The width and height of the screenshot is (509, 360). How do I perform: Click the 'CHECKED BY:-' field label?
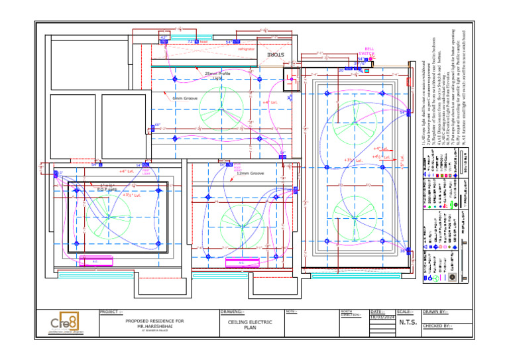438,326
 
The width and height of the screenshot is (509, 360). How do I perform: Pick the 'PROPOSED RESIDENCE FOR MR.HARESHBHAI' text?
154,323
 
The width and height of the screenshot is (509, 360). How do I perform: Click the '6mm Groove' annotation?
186,98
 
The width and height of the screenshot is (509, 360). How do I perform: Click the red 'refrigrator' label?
246,49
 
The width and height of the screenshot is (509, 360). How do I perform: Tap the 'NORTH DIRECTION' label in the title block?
350,314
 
